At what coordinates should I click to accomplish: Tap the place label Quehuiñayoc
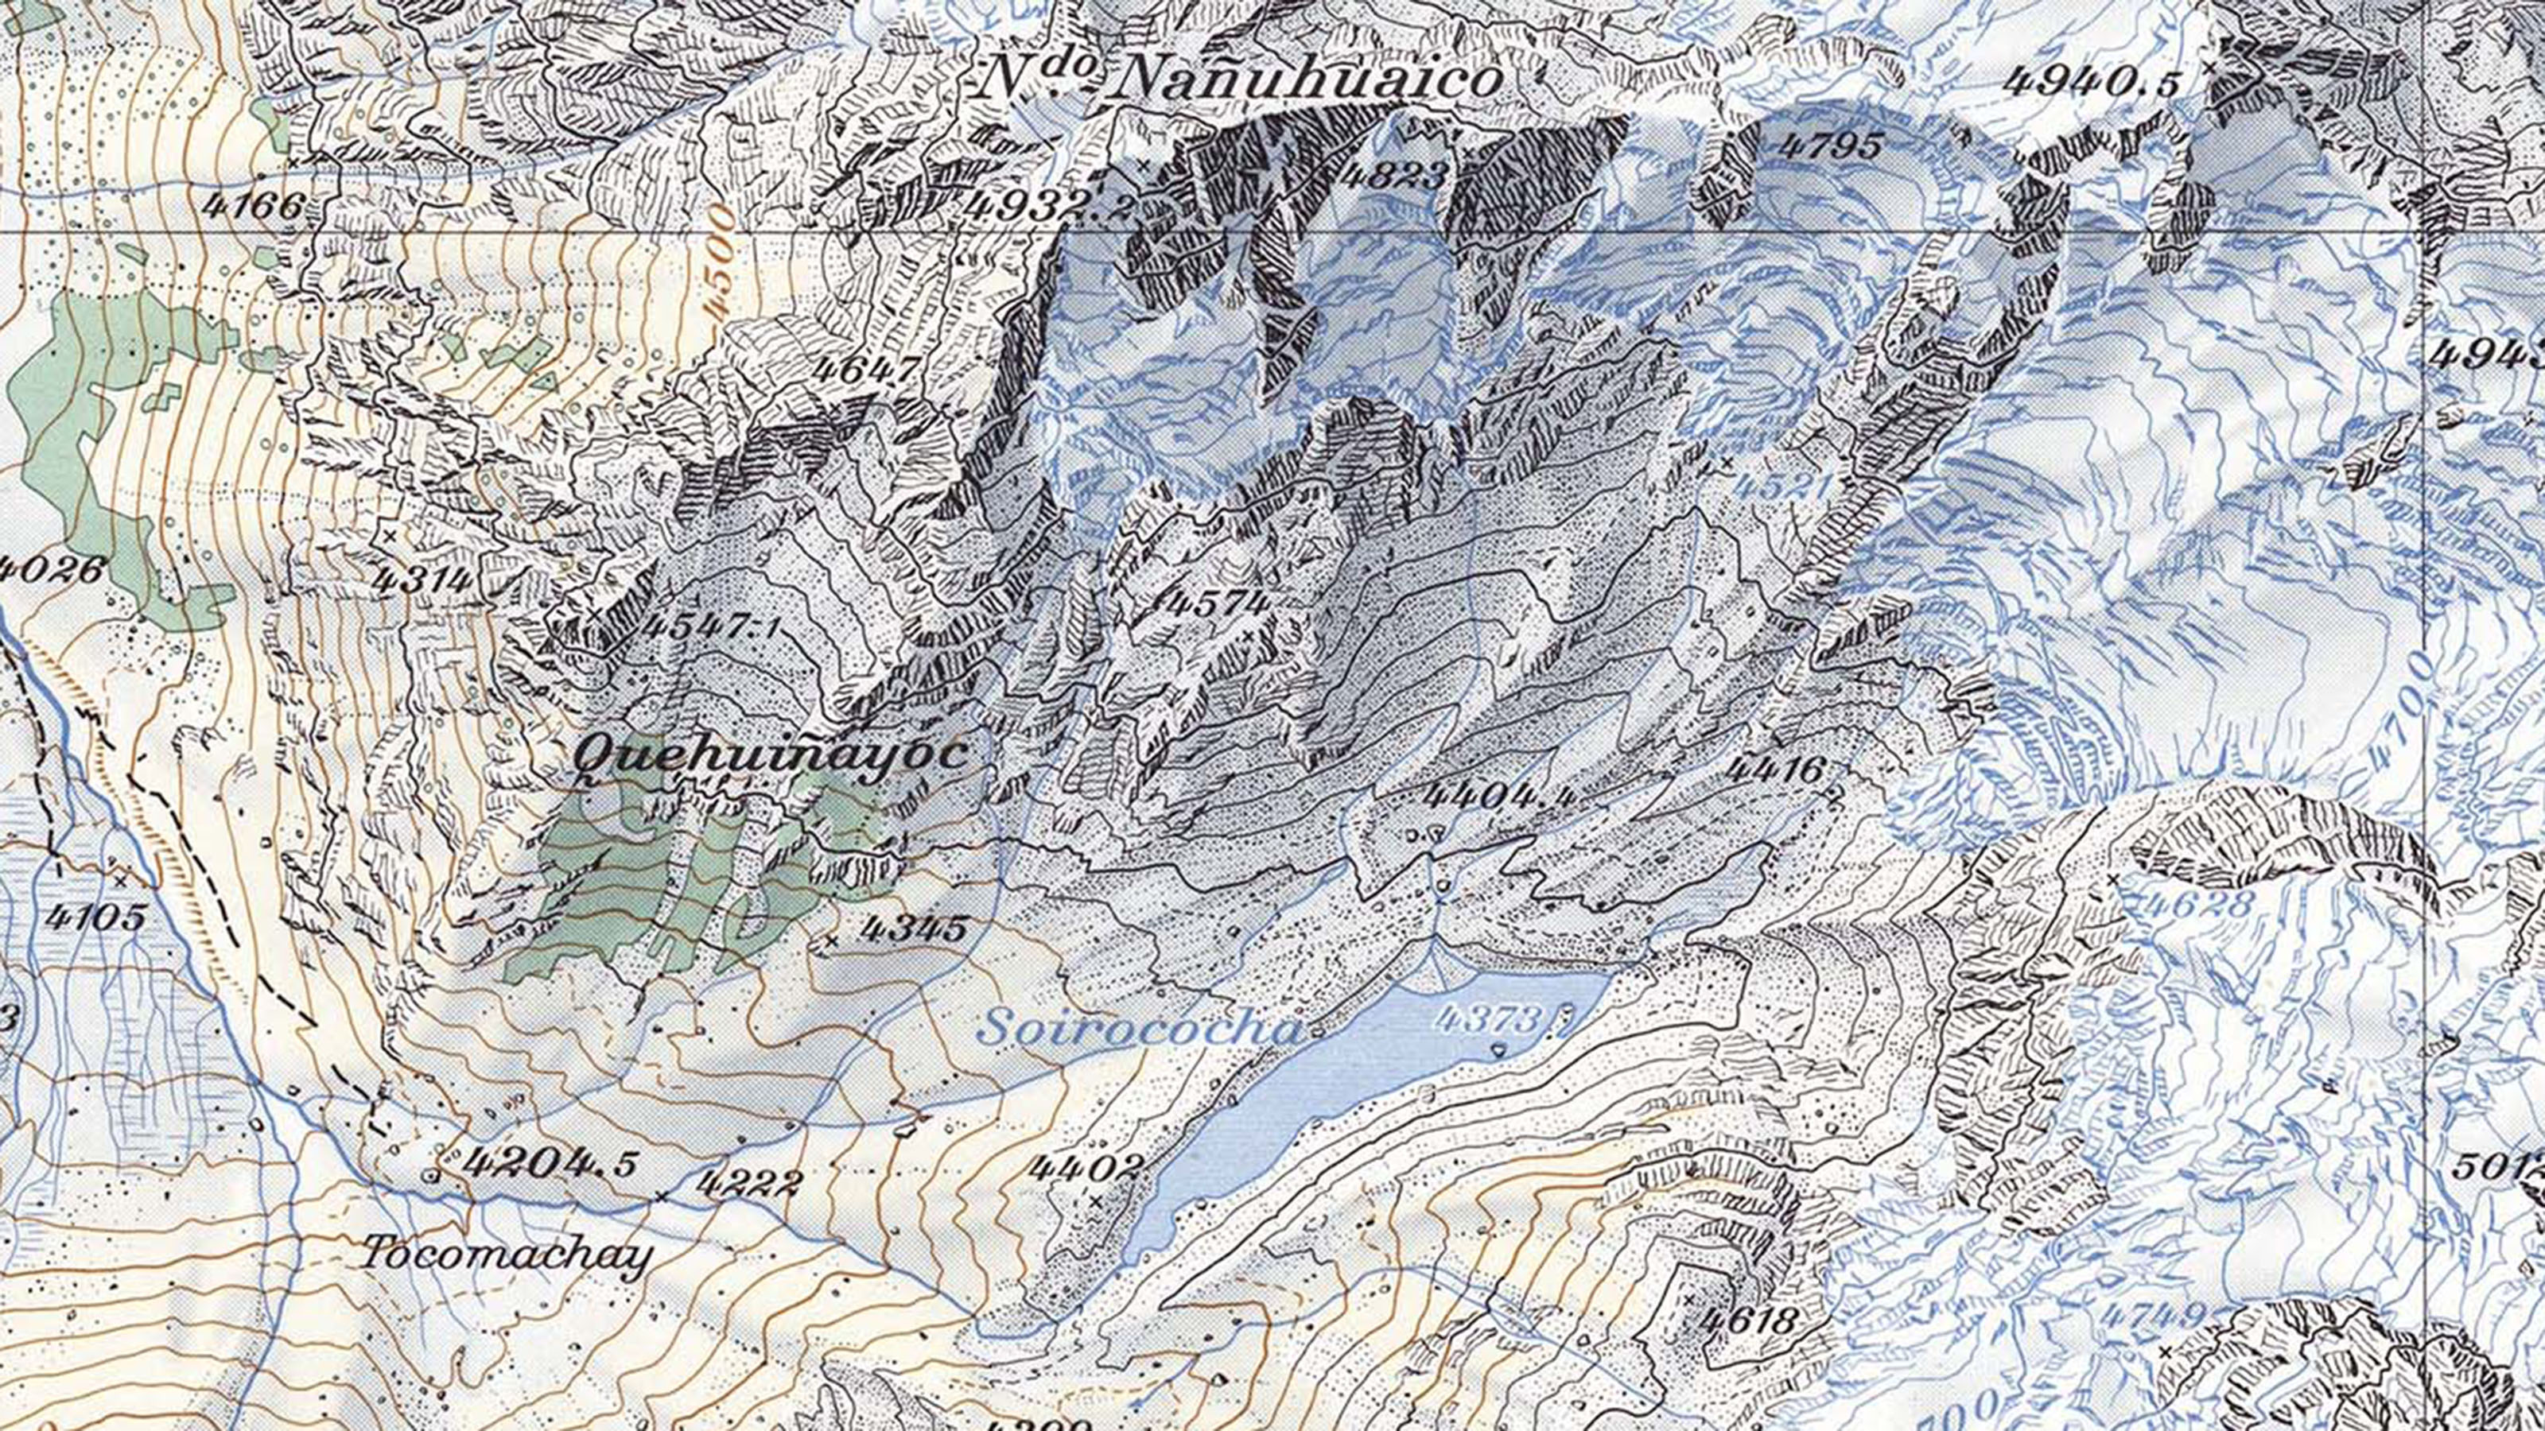[x=771, y=754]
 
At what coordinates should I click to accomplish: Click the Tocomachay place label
[x=507, y=1255]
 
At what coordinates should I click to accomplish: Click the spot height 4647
[x=866, y=368]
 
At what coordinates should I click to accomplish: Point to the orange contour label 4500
[x=722, y=261]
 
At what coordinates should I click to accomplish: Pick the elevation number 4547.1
[x=709, y=626]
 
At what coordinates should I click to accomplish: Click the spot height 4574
[x=1214, y=602]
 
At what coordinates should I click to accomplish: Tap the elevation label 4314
[x=421, y=579]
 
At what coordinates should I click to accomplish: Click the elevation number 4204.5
[x=550, y=1162]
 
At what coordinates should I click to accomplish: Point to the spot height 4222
[x=746, y=1182]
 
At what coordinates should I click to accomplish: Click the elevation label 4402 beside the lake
[x=1084, y=1167]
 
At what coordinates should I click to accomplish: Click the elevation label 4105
[x=95, y=917]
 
